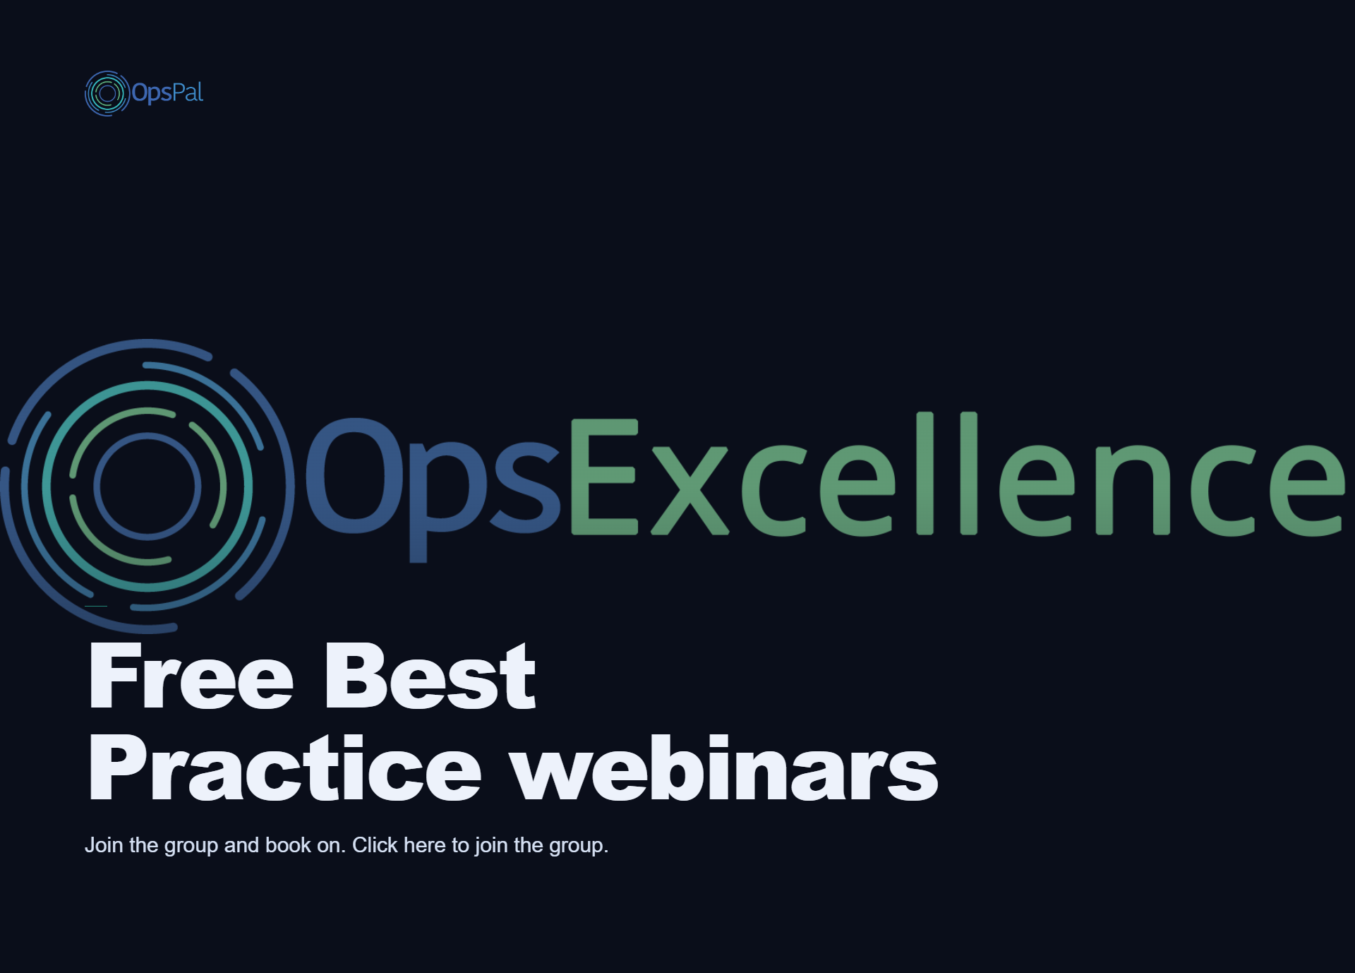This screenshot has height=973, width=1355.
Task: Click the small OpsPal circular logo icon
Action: (x=107, y=93)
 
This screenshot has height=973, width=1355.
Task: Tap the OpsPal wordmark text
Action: (x=167, y=93)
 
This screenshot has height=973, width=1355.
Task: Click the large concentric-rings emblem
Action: (x=147, y=486)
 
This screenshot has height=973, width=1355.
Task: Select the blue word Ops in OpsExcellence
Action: (x=433, y=487)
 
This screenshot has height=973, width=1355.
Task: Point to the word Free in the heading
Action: (x=191, y=676)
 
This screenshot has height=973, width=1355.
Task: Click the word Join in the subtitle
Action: (x=104, y=845)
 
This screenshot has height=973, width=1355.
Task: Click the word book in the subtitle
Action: (x=288, y=845)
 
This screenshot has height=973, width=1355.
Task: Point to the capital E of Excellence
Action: (x=604, y=477)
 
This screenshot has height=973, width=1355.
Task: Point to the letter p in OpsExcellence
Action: (x=449, y=503)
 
